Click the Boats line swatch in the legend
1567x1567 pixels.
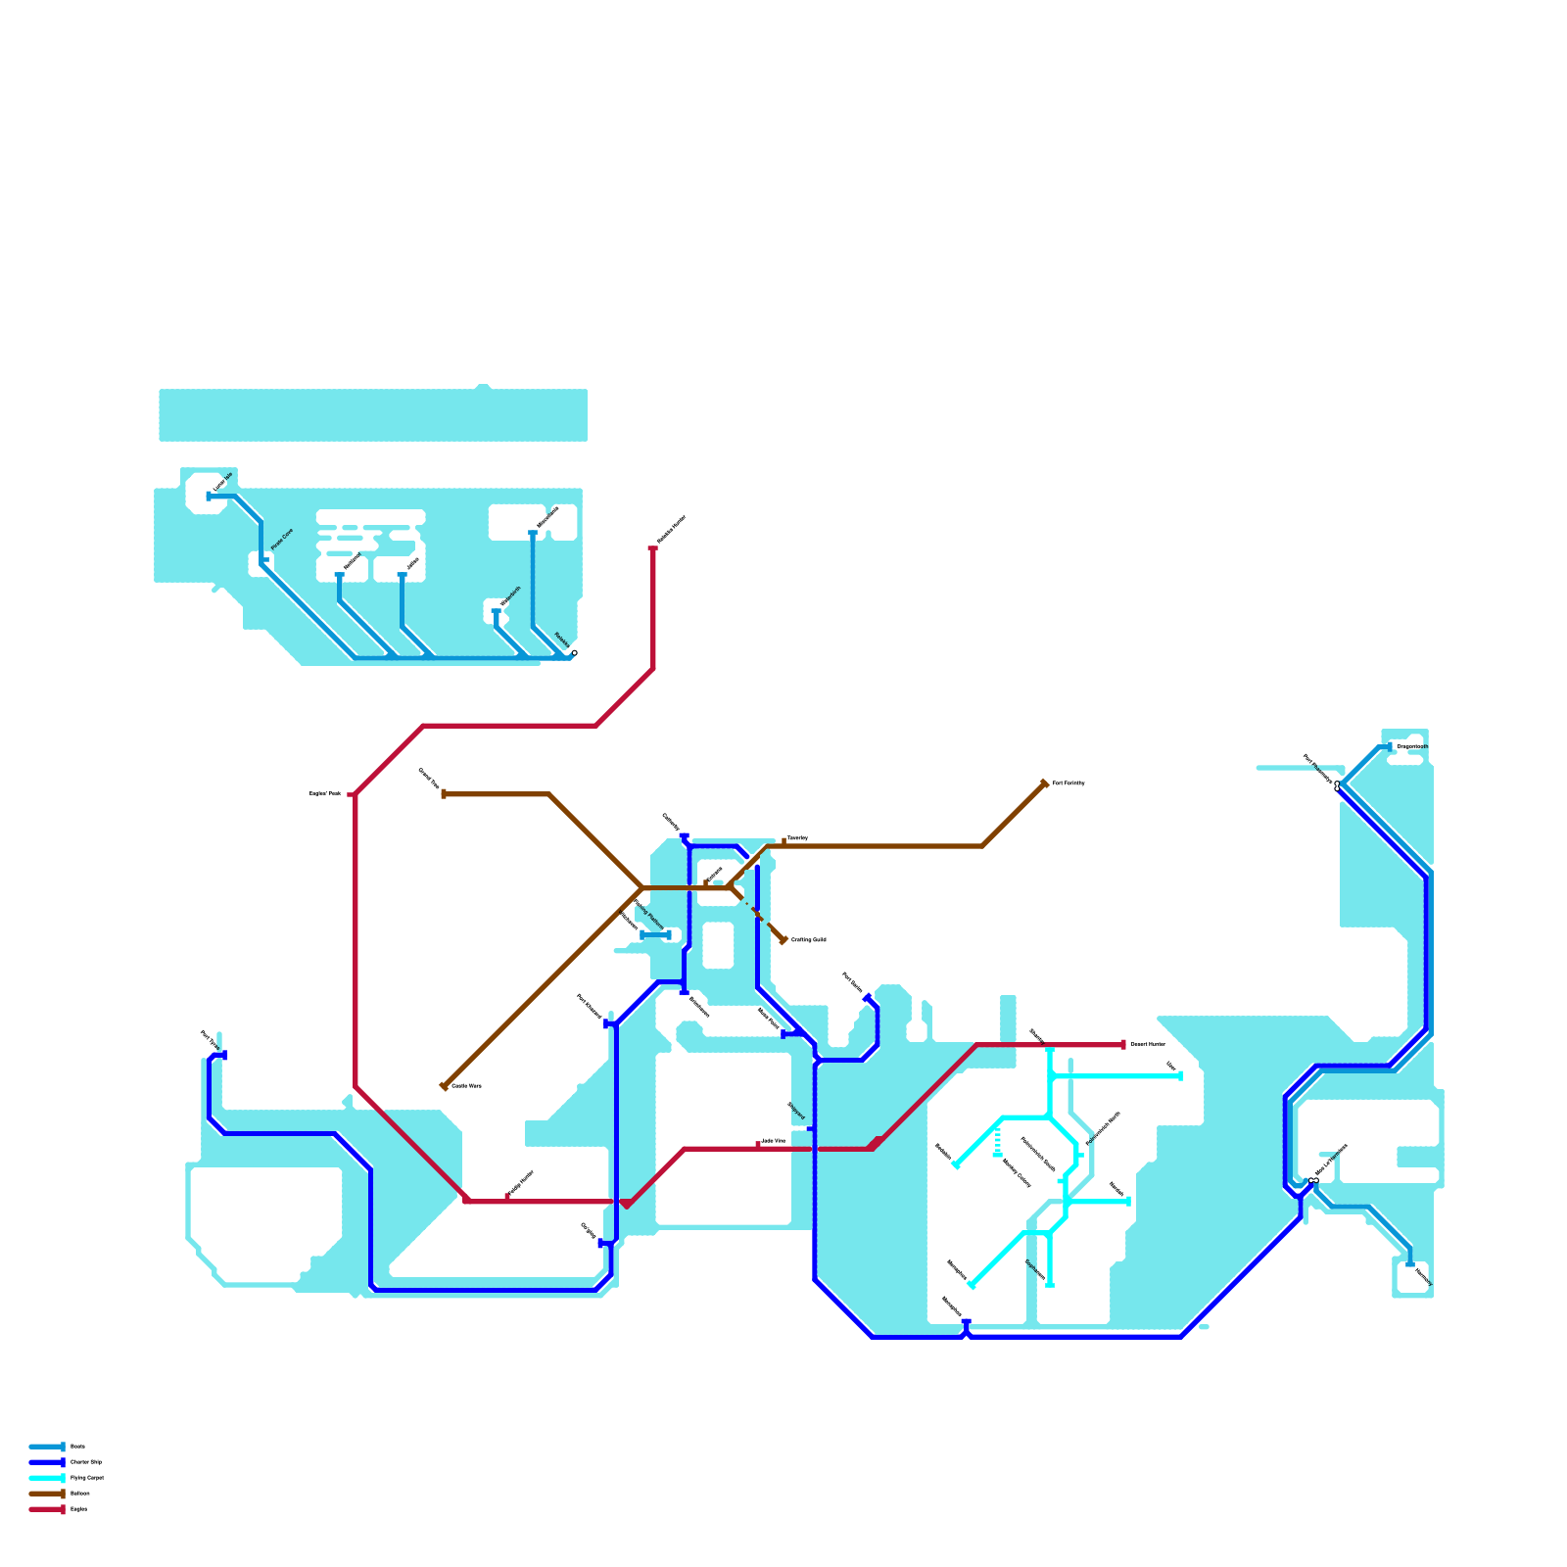coord(46,1447)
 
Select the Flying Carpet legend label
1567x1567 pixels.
coord(86,1478)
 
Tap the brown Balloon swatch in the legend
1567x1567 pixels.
coord(46,1494)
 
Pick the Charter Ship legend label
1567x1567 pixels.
coord(86,1462)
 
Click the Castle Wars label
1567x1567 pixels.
coord(466,1086)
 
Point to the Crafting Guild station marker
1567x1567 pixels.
coord(783,940)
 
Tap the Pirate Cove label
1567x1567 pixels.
coord(281,539)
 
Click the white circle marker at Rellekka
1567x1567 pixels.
coord(574,653)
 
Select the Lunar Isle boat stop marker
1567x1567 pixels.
coord(209,498)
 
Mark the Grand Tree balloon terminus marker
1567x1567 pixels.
coord(444,794)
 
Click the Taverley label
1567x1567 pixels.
coord(797,838)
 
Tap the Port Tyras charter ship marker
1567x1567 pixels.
coord(225,1055)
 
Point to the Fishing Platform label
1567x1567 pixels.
coord(649,915)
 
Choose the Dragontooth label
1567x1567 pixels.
coord(1411,747)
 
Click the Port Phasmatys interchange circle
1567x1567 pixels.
coord(1337,785)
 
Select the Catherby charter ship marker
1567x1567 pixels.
coord(685,836)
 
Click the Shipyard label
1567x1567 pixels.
coord(796,1111)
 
